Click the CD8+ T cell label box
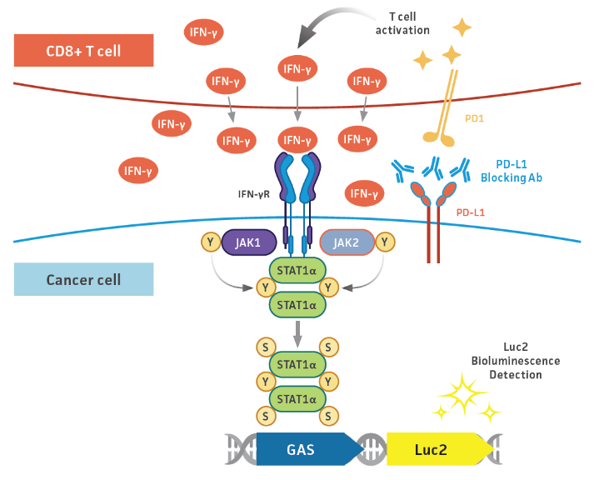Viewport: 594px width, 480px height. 83,51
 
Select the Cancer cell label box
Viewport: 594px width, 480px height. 83,279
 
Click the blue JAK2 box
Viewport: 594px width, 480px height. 347,242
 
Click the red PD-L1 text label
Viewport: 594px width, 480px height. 472,213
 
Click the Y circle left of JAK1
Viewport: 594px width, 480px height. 211,242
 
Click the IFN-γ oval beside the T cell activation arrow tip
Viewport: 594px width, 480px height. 297,68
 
